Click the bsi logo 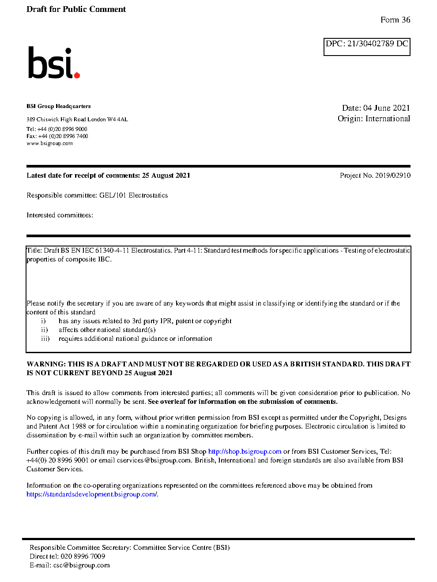[x=53, y=63]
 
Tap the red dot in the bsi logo [x=77, y=75]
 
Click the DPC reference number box [x=367, y=46]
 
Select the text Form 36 [x=395, y=20]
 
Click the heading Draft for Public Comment [x=76, y=9]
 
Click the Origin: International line [x=373, y=119]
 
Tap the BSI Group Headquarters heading [x=58, y=106]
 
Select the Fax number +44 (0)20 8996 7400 [x=63, y=136]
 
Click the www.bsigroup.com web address [x=49, y=143]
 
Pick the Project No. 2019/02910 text [x=375, y=175]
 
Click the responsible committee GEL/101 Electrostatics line [x=97, y=195]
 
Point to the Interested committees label [x=60, y=215]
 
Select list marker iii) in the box [x=45, y=339]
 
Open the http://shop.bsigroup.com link [x=245, y=451]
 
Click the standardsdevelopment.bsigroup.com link [x=91, y=494]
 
